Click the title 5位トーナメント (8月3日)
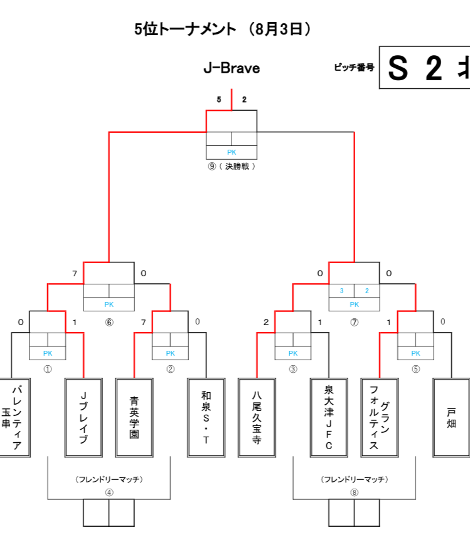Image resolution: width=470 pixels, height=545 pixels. [x=223, y=29]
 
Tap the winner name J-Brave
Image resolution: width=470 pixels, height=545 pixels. [x=232, y=68]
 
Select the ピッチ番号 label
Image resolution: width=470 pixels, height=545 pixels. [x=354, y=67]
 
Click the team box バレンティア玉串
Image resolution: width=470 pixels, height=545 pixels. [x=15, y=417]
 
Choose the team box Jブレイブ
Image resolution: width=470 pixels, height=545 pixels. [x=83, y=417]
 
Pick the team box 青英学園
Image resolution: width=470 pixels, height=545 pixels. [x=134, y=417]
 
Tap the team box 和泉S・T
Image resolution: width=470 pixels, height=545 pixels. [x=206, y=417]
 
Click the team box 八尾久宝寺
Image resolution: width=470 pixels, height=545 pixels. [x=257, y=417]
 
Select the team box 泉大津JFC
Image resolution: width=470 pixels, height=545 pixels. [x=329, y=417]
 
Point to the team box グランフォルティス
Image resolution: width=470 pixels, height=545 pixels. [x=380, y=417]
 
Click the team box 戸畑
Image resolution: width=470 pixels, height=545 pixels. [x=452, y=417]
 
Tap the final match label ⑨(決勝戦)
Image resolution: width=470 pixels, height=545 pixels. [x=232, y=167]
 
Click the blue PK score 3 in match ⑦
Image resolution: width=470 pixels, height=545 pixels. [x=341, y=291]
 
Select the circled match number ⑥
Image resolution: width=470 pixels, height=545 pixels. [x=109, y=322]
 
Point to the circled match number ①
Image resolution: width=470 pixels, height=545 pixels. [x=48, y=369]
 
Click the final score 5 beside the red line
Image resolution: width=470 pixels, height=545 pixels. [x=219, y=100]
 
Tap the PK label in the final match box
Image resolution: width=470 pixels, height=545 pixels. [x=232, y=152]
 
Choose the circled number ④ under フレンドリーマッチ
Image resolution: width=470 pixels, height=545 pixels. [x=109, y=492]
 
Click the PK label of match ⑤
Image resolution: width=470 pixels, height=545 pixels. [x=415, y=353]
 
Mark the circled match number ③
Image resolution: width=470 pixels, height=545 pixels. [x=293, y=369]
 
